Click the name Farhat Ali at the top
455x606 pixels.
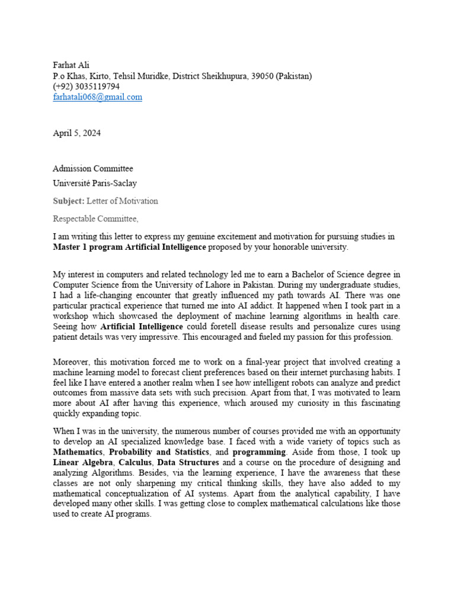tap(71, 65)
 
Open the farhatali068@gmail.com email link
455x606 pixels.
tap(98, 98)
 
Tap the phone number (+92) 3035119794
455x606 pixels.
tap(86, 87)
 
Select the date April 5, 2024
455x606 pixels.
tap(77, 133)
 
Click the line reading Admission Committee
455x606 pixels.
tap(93, 169)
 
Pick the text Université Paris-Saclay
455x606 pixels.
tap(95, 183)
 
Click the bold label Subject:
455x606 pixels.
tap(69, 201)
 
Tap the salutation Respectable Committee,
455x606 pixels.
tap(95, 219)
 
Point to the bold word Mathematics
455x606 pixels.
tap(80, 452)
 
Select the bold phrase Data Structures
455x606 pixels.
tap(188, 462)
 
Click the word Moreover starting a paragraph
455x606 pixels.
tap(72, 362)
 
